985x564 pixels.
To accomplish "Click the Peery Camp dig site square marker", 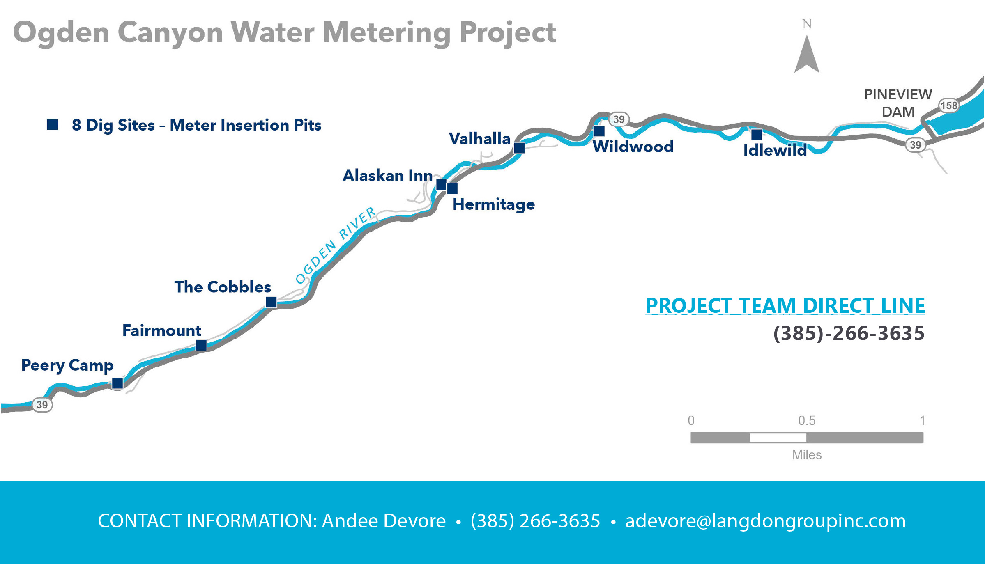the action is [117, 383].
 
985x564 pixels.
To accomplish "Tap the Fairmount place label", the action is [161, 330].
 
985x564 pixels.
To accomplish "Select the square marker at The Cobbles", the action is [271, 302].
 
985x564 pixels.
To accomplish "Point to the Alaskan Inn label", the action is [387, 175].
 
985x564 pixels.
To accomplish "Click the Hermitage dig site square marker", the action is [452, 188].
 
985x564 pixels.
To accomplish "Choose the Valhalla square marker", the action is [519, 148].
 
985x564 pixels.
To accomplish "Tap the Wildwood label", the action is [633, 147].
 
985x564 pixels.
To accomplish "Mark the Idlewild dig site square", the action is [757, 134].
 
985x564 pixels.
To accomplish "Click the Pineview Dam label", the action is [898, 103].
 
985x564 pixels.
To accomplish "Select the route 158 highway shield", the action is [949, 105].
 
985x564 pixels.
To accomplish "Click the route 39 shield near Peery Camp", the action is [42, 405].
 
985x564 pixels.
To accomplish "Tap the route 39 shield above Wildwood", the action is [619, 119].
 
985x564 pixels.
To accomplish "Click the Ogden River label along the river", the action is [336, 245].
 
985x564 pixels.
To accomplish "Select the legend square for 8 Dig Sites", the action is [52, 124].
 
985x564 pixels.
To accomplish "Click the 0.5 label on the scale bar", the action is [807, 420].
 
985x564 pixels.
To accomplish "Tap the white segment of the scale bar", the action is [778, 438].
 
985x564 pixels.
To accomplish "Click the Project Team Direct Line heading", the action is [785, 306].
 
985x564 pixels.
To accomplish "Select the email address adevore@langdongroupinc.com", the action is [765, 521].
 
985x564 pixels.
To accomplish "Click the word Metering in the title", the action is [387, 33].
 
